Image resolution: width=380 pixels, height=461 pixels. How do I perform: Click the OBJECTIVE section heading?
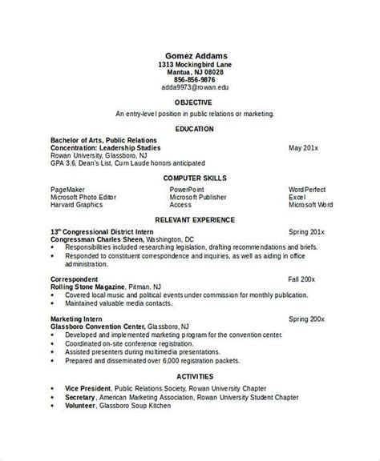tap(192, 102)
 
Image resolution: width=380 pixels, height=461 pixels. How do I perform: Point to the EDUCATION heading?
tap(192, 127)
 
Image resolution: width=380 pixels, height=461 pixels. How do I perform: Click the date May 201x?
tap(304, 149)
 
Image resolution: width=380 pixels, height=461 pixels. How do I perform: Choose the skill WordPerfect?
tap(307, 188)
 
